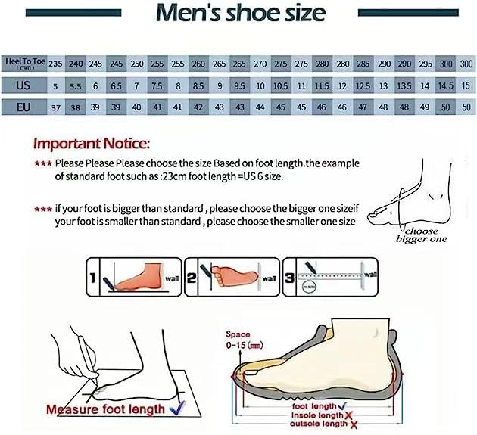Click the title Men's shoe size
pyautogui.click(x=240, y=13)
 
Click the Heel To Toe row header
pyautogui.click(x=23, y=64)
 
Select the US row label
pyautogui.click(x=23, y=85)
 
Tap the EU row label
pyautogui.click(x=23, y=107)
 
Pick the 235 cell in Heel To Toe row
pyautogui.click(x=55, y=64)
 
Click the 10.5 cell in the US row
pyautogui.click(x=280, y=85)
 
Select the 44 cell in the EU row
pyautogui.click(x=260, y=107)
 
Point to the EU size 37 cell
pyautogui.click(x=55, y=107)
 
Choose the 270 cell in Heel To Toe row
pyautogui.click(x=260, y=64)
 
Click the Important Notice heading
pyautogui.click(x=92, y=142)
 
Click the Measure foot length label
pyautogui.click(x=105, y=409)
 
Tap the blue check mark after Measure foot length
pyautogui.click(x=179, y=408)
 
